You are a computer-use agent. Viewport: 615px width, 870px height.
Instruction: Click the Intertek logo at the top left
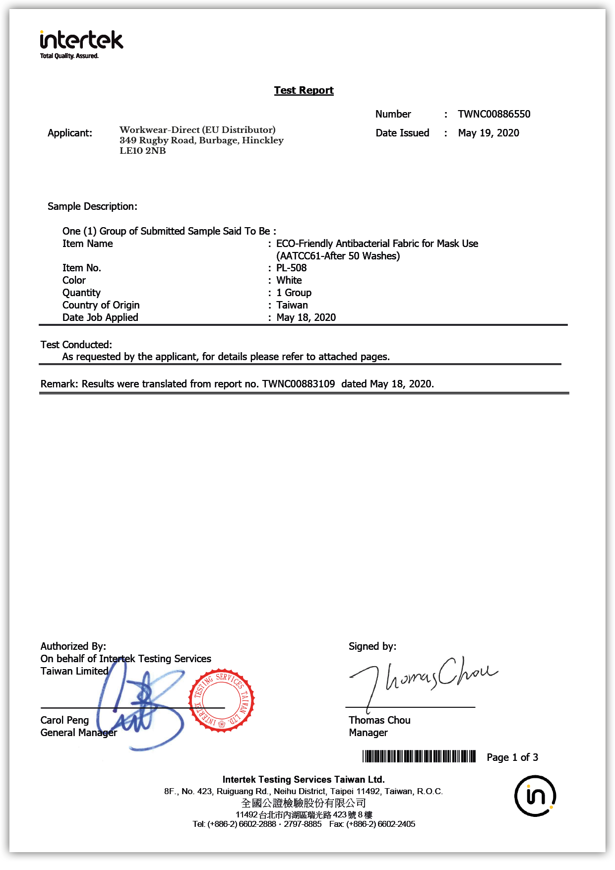tap(81, 44)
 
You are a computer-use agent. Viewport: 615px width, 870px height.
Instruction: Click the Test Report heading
tap(304, 90)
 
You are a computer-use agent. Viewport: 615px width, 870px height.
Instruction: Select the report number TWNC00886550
tap(494, 114)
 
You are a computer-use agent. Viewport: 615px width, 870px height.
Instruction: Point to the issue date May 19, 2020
tap(489, 133)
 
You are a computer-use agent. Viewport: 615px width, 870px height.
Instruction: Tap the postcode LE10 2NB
tap(143, 151)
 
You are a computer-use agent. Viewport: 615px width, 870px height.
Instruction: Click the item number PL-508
tap(292, 268)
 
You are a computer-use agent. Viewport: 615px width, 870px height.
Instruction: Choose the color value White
tap(289, 280)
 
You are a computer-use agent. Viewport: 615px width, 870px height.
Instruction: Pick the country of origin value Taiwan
tap(292, 305)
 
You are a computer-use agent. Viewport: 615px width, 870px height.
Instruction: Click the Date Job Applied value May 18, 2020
tap(306, 317)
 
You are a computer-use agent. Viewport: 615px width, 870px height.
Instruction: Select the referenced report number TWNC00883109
tap(299, 384)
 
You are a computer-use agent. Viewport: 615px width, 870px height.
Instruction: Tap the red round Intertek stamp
tap(221, 700)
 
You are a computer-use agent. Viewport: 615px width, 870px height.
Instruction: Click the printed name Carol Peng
tap(64, 720)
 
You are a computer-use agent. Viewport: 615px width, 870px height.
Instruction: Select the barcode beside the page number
tap(419, 756)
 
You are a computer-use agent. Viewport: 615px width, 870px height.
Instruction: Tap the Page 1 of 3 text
tap(512, 757)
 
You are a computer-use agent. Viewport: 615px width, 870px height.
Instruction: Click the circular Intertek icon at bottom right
tap(535, 796)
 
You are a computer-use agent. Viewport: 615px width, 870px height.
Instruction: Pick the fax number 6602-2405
tap(396, 824)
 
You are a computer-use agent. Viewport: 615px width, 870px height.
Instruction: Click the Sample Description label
tap(92, 206)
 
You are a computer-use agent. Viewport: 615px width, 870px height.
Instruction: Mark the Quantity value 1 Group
tap(294, 293)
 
